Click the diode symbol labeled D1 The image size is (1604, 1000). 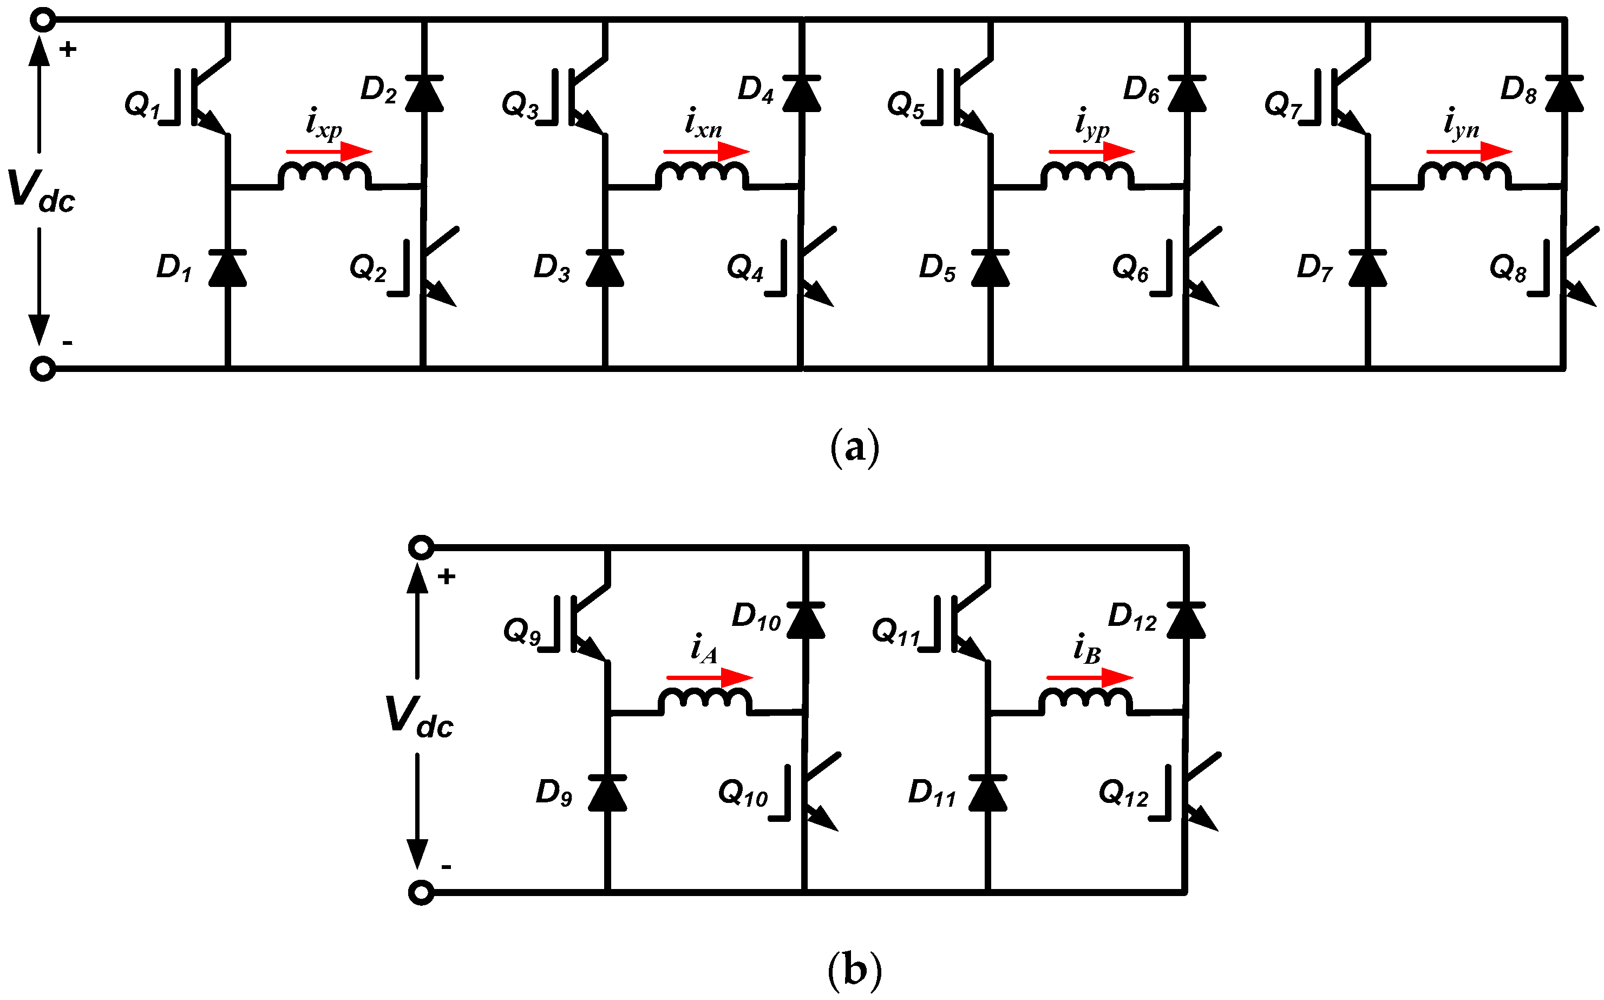point(227,268)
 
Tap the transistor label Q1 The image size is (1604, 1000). point(142,104)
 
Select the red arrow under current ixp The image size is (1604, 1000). point(329,152)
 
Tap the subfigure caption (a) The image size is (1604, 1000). point(854,448)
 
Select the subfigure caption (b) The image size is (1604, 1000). point(854,970)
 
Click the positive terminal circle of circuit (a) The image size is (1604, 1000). point(43,20)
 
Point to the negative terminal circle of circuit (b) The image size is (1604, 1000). point(421,893)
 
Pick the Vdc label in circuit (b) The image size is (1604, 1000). point(418,717)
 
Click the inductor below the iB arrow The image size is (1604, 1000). point(1085,701)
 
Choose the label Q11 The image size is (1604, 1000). point(896,632)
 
